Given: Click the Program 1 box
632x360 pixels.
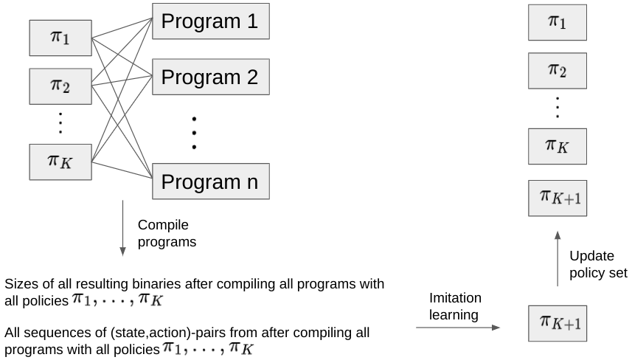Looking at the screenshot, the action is pyautogui.click(x=211, y=21).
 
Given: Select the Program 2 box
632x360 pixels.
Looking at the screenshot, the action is pyautogui.click(x=211, y=77).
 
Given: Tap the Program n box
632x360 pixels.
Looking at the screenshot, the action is pyautogui.click(x=211, y=181).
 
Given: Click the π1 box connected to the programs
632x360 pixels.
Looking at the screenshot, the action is pyautogui.click(x=60, y=38).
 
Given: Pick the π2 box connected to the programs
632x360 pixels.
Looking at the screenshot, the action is pyautogui.click(x=60, y=86).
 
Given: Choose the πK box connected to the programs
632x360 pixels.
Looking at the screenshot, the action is pyautogui.click(x=60, y=162).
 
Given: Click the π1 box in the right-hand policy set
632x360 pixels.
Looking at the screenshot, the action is pyautogui.click(x=558, y=23).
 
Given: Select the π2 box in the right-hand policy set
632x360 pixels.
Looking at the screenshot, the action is pyautogui.click(x=558, y=71).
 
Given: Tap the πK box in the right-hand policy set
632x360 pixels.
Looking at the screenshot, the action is pyautogui.click(x=558, y=146).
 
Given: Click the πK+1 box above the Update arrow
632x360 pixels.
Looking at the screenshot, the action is pyautogui.click(x=558, y=198).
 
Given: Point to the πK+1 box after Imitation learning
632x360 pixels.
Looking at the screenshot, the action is pyautogui.click(x=558, y=324).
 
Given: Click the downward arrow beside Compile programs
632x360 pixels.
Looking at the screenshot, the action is pyautogui.click(x=123, y=228).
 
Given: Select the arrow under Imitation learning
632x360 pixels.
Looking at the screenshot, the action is pyautogui.click(x=458, y=328).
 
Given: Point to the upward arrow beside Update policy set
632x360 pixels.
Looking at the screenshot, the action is pyautogui.click(x=558, y=259).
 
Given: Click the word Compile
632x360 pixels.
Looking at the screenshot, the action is pyautogui.click(x=163, y=225).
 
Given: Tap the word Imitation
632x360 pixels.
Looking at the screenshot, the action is pyautogui.click(x=455, y=298).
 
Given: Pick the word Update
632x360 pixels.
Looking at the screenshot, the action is pyautogui.click(x=591, y=256).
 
